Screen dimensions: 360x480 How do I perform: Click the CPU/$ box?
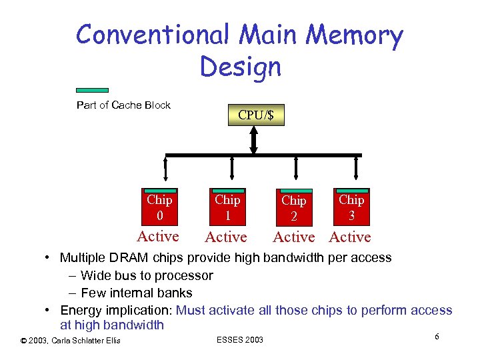(256, 115)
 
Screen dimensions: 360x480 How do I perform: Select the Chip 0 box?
(159, 207)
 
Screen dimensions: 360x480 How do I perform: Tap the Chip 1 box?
(227, 207)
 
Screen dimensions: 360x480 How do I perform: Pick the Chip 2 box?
(294, 208)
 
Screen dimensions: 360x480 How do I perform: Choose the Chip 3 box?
(351, 207)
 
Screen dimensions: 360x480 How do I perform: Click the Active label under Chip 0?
(158, 236)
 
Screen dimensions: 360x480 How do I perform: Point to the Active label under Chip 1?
(226, 237)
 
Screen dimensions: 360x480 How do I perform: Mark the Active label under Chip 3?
(350, 237)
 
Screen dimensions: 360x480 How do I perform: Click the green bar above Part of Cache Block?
(92, 90)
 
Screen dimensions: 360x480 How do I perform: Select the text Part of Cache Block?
(123, 105)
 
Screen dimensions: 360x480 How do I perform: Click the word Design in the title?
(240, 66)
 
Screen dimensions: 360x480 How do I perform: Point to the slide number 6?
(437, 337)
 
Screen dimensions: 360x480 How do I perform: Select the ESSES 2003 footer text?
(240, 340)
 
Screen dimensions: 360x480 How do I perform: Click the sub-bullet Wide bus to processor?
(147, 275)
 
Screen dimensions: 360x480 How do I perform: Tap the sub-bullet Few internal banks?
(136, 293)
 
